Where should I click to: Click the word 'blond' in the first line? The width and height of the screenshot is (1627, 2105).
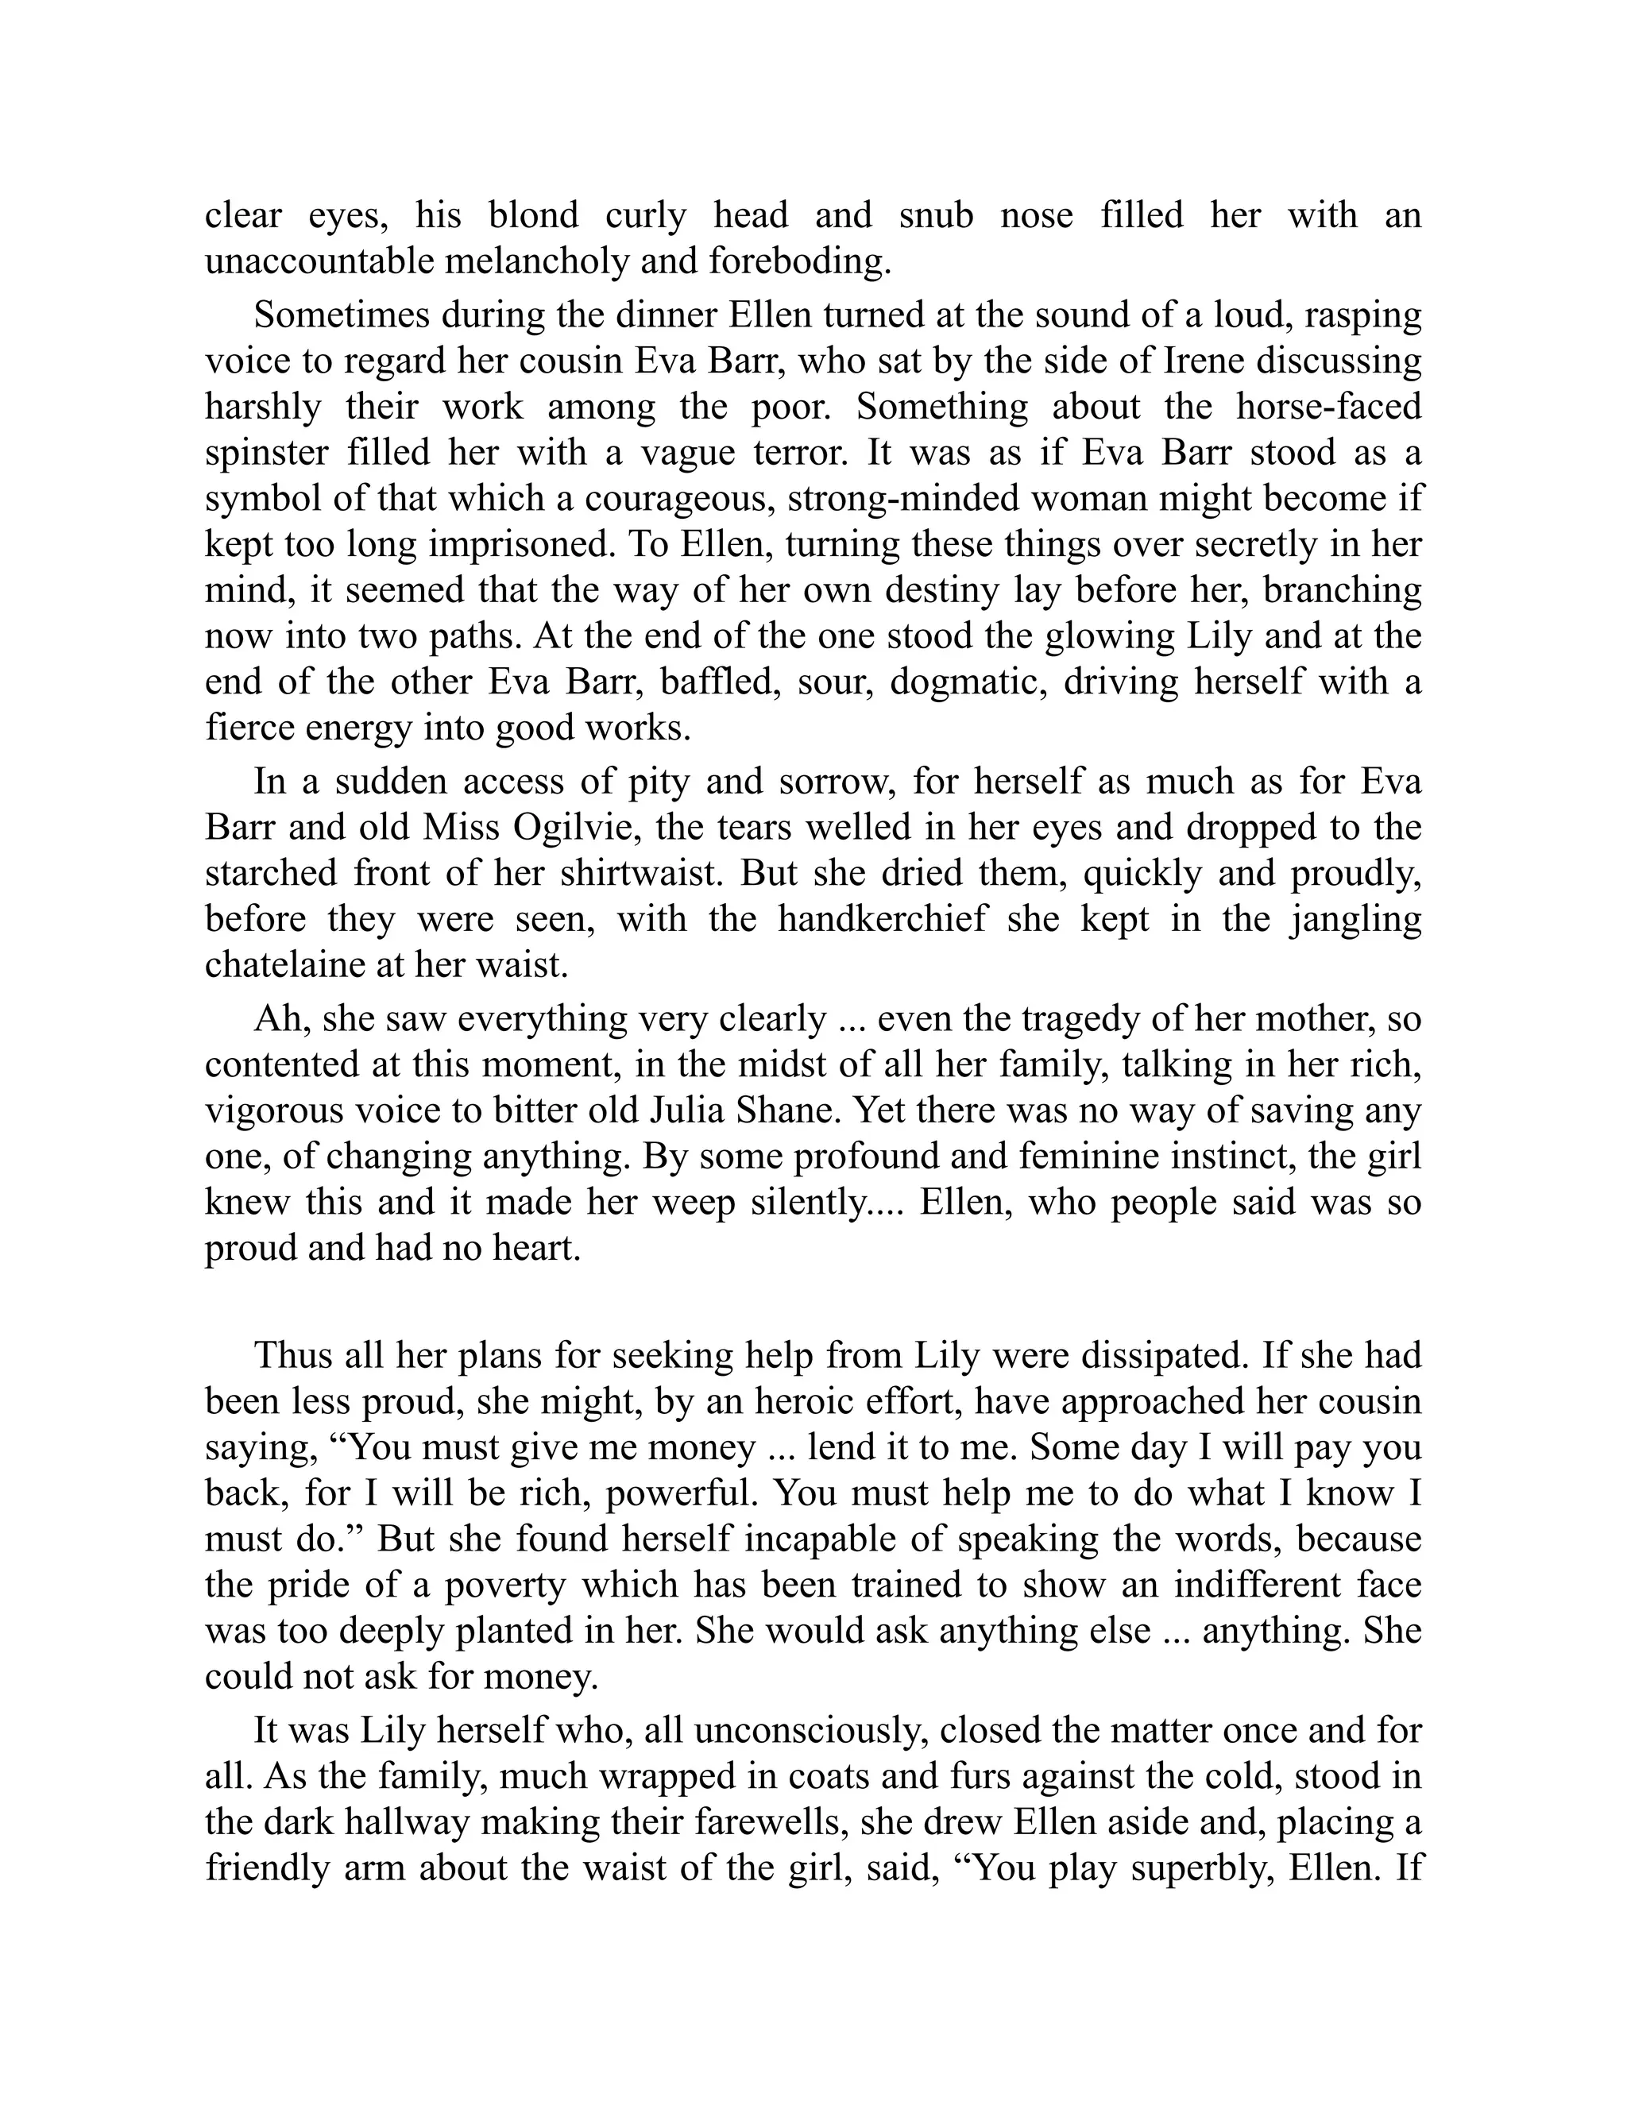(533, 215)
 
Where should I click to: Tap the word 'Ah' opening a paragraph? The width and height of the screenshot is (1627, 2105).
(275, 1019)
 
